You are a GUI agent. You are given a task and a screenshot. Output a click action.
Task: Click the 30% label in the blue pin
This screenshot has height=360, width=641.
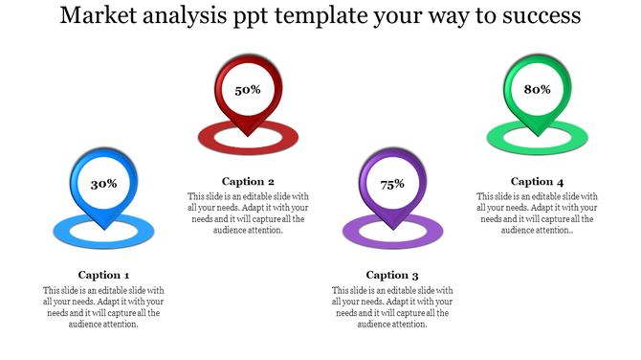[x=103, y=183]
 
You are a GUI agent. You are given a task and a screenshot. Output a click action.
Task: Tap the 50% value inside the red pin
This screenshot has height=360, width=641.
[x=248, y=89]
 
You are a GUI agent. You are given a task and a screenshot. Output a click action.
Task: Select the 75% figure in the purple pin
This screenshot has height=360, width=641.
[x=392, y=184]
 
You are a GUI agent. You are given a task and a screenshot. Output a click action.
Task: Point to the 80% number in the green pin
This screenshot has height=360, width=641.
[x=537, y=89]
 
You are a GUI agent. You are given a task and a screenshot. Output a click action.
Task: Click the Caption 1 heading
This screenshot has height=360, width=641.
[x=103, y=275]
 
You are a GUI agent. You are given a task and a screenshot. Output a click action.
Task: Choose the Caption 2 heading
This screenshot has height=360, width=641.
[x=248, y=181]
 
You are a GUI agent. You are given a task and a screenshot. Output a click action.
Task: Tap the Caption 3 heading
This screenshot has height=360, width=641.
[x=392, y=275]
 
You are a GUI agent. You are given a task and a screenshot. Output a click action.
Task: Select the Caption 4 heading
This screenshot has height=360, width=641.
[x=537, y=181]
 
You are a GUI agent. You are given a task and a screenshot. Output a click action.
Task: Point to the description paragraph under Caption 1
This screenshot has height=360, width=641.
[x=103, y=307]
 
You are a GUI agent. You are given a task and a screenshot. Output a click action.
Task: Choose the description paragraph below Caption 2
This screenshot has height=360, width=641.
[x=248, y=214]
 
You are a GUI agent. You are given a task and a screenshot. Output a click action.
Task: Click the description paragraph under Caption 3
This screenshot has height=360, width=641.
[x=392, y=307]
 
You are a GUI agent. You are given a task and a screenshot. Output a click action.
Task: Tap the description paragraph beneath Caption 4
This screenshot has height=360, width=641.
[x=537, y=214]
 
